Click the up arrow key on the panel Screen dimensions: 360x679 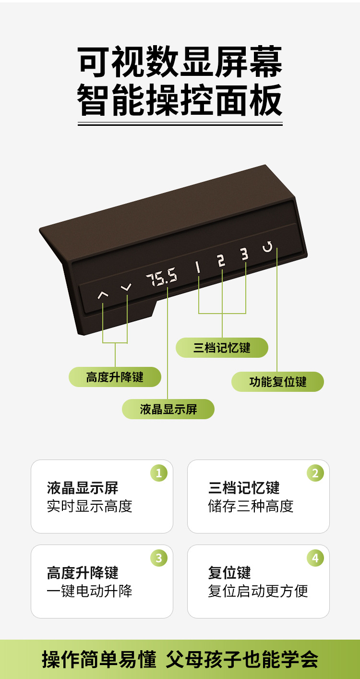click(103, 294)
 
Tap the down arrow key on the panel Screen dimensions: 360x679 click(126, 288)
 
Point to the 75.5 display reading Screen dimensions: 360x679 click(162, 278)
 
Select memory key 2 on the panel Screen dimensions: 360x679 click(221, 261)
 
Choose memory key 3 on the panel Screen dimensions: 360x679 click(245, 254)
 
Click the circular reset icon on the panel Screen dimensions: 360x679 click(267, 247)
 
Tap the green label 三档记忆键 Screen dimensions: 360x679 click(222, 348)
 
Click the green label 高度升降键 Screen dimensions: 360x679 click(115, 377)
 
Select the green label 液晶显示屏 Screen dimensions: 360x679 click(168, 409)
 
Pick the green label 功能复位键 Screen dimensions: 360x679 click(277, 382)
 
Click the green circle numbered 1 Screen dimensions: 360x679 click(159, 473)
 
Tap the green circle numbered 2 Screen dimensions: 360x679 click(315, 473)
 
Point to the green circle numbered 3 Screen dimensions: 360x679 click(159, 558)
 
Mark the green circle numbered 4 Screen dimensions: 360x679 click(315, 558)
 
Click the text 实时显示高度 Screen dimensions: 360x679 click(89, 506)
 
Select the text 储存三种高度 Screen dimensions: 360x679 click(251, 506)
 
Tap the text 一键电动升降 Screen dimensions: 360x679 click(89, 591)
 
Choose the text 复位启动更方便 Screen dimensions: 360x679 click(258, 591)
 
